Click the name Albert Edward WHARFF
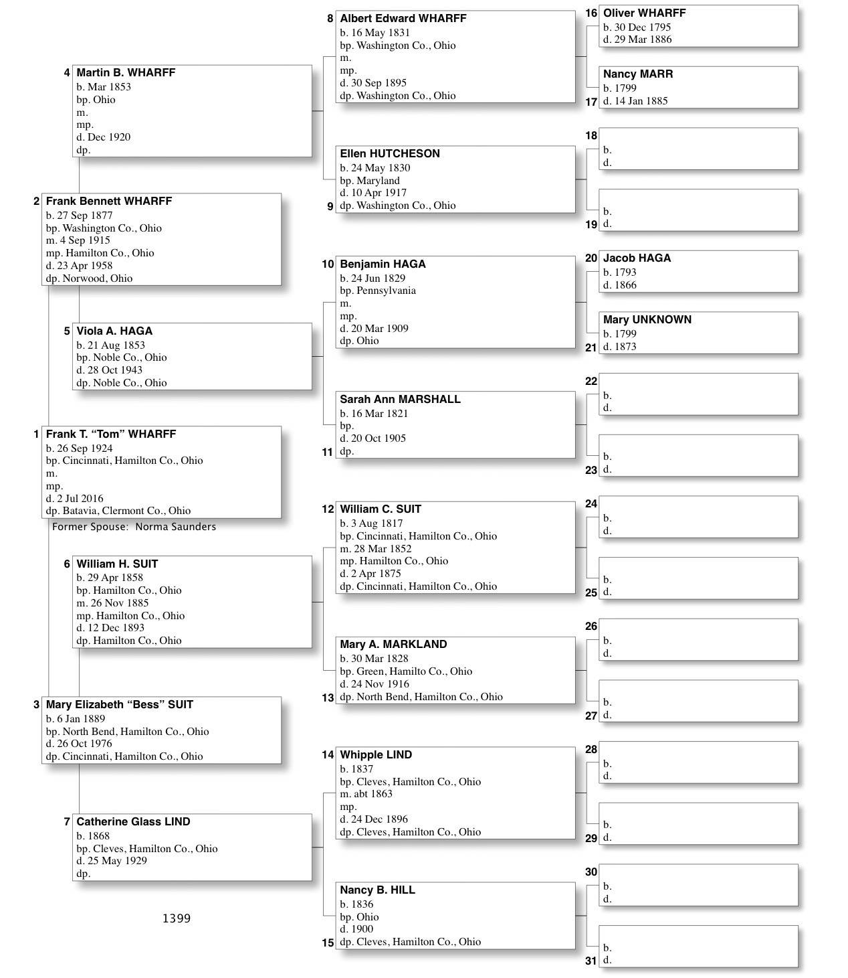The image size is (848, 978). point(403,19)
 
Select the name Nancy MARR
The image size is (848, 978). point(637,74)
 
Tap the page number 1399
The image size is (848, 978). point(177,918)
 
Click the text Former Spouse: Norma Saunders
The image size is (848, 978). point(134,527)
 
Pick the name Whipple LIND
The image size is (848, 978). point(376,755)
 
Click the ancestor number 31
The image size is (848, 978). point(591,961)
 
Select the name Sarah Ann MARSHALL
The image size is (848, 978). point(400,400)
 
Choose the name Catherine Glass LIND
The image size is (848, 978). point(133,822)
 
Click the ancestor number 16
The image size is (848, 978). point(591,13)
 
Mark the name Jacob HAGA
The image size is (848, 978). point(637,258)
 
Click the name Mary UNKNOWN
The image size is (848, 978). point(647,320)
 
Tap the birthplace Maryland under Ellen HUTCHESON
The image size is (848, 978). point(378,181)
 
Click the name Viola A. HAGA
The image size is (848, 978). point(114,331)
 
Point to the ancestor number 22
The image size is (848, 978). point(591,382)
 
